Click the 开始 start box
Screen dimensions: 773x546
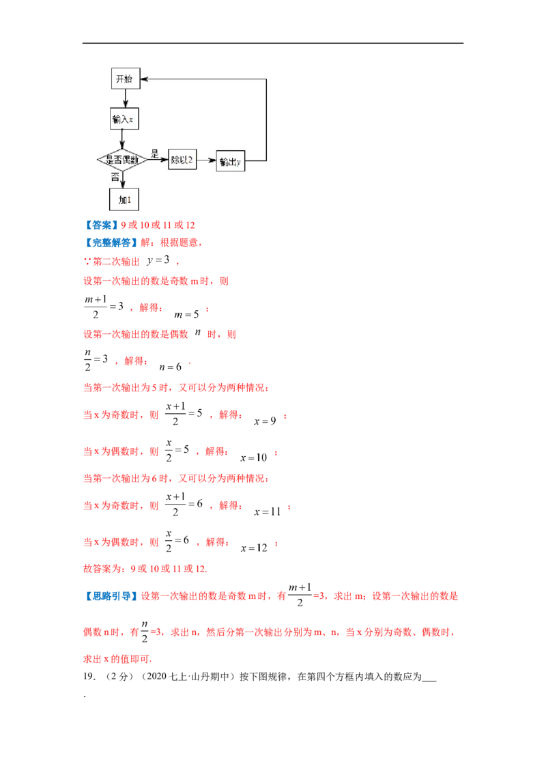(125, 79)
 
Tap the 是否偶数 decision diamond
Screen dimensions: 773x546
(122, 159)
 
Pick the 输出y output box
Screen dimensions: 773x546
(231, 162)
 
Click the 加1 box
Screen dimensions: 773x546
(124, 199)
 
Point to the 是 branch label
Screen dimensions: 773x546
(154, 154)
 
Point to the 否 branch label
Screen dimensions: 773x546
(115, 176)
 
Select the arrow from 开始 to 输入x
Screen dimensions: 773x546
(124, 98)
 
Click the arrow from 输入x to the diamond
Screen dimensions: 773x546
(123, 138)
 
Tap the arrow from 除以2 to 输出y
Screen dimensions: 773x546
(205, 160)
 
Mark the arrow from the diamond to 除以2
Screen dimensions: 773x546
(158, 160)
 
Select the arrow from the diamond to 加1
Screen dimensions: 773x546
(123, 178)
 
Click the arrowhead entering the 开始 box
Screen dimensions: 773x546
(144, 79)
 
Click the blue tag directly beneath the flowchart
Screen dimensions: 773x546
(100, 225)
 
